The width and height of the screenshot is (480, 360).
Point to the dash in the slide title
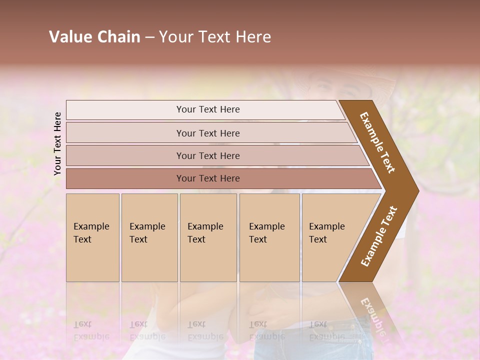point(149,37)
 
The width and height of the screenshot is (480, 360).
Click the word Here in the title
point(253,37)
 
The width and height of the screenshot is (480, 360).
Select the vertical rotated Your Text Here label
point(57,143)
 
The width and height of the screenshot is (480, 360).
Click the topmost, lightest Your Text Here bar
point(207,109)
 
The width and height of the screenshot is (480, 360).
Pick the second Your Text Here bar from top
point(207,133)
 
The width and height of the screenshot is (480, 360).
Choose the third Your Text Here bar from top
point(207,155)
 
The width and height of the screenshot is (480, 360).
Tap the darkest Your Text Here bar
point(207,178)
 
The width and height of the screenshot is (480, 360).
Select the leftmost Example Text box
point(92,237)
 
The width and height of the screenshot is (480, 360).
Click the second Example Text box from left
point(149,237)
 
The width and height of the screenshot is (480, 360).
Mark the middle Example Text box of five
point(208,237)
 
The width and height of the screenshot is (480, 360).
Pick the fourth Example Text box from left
point(269,237)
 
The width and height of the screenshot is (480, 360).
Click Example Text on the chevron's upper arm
point(377,142)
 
